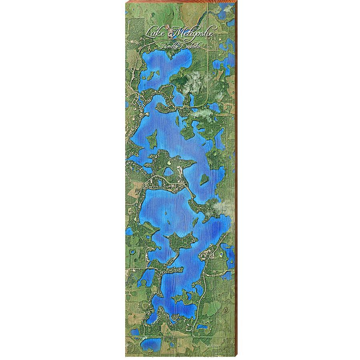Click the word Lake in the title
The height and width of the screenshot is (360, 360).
point(157,32)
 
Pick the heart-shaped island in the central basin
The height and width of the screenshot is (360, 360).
point(204,179)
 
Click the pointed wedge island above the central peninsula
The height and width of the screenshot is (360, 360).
point(152,140)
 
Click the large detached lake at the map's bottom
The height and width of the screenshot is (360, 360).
point(150,344)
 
